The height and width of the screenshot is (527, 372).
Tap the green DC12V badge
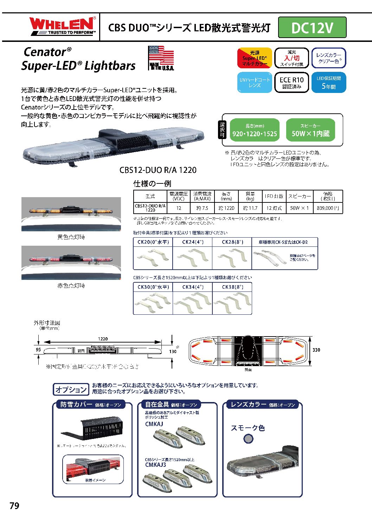312,27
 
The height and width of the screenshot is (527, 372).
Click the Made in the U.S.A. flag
161,58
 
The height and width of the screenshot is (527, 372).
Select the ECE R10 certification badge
291,82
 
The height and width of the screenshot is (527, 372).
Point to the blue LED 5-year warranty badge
328,82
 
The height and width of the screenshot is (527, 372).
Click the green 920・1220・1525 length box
255,130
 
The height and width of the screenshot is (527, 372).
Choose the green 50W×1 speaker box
310,130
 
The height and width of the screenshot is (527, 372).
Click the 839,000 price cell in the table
328,208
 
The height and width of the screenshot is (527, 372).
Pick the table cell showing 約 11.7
250,208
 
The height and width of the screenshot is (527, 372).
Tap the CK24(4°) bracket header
192,242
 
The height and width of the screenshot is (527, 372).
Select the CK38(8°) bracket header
232,287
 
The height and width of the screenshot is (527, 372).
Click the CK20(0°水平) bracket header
153,242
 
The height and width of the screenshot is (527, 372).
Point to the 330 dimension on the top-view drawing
316,350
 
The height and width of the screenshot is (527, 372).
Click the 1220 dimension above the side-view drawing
103,339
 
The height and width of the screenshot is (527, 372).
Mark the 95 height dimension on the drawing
38,350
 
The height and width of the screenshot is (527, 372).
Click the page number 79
14,506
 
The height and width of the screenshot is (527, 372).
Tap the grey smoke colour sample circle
248,439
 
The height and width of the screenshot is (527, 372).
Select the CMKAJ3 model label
155,465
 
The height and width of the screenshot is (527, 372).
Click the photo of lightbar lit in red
71,263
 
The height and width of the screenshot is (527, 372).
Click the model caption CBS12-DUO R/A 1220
158,170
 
